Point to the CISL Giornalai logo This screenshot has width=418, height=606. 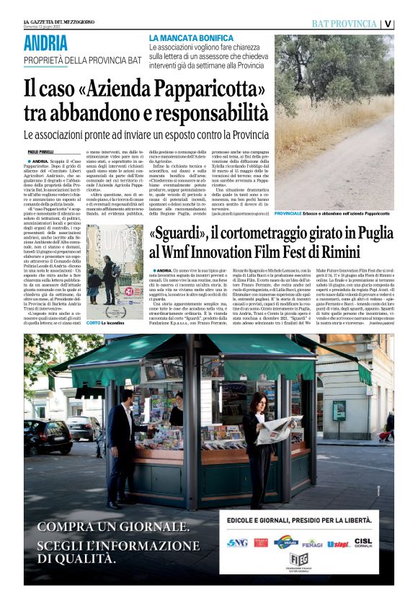(x=363, y=542)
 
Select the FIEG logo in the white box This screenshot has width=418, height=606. (x=298, y=560)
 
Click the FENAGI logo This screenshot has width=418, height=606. (x=311, y=543)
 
